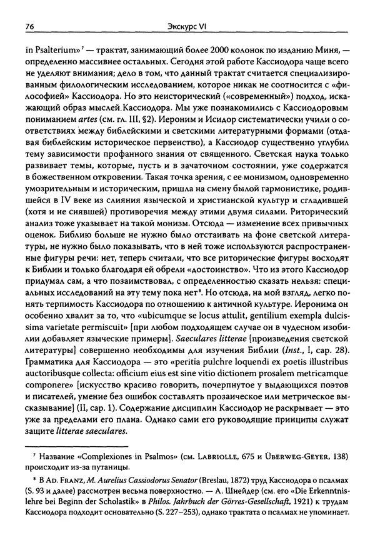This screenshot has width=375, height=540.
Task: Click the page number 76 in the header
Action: click(x=29, y=26)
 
